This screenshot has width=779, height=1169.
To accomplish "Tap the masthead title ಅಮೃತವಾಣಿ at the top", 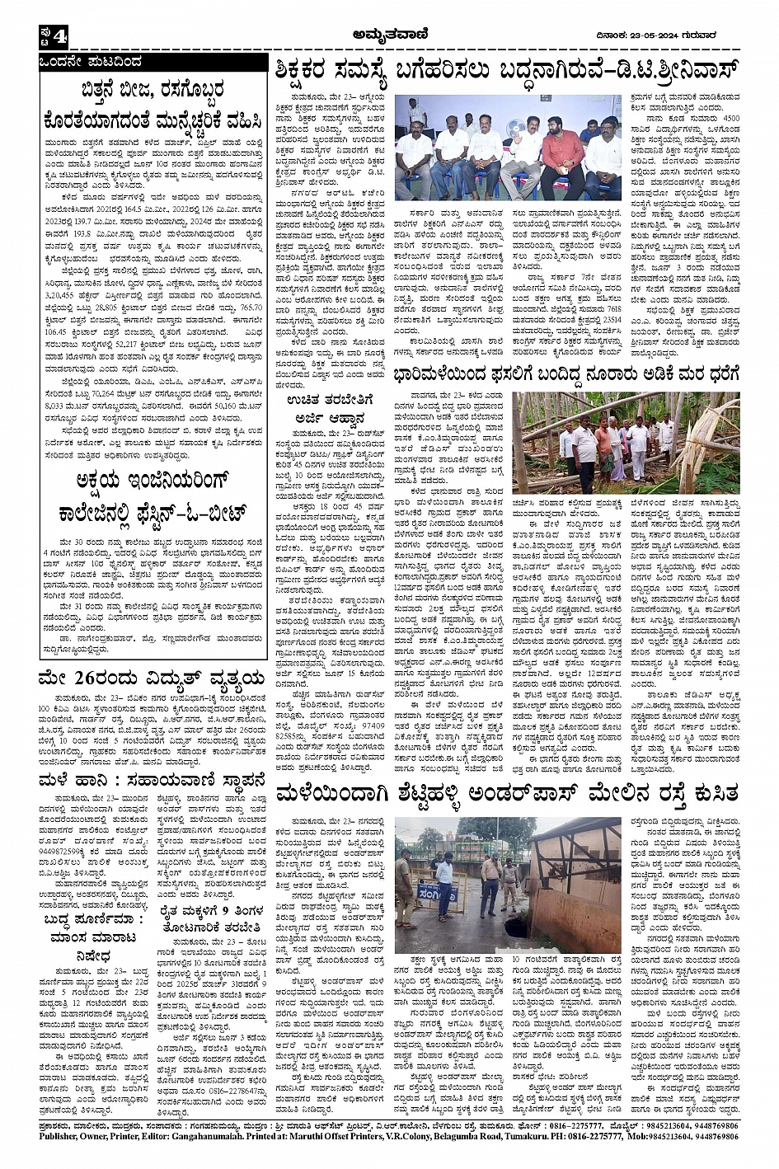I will point(388,33).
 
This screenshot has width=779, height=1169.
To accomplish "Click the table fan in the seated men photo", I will point(515,129).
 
